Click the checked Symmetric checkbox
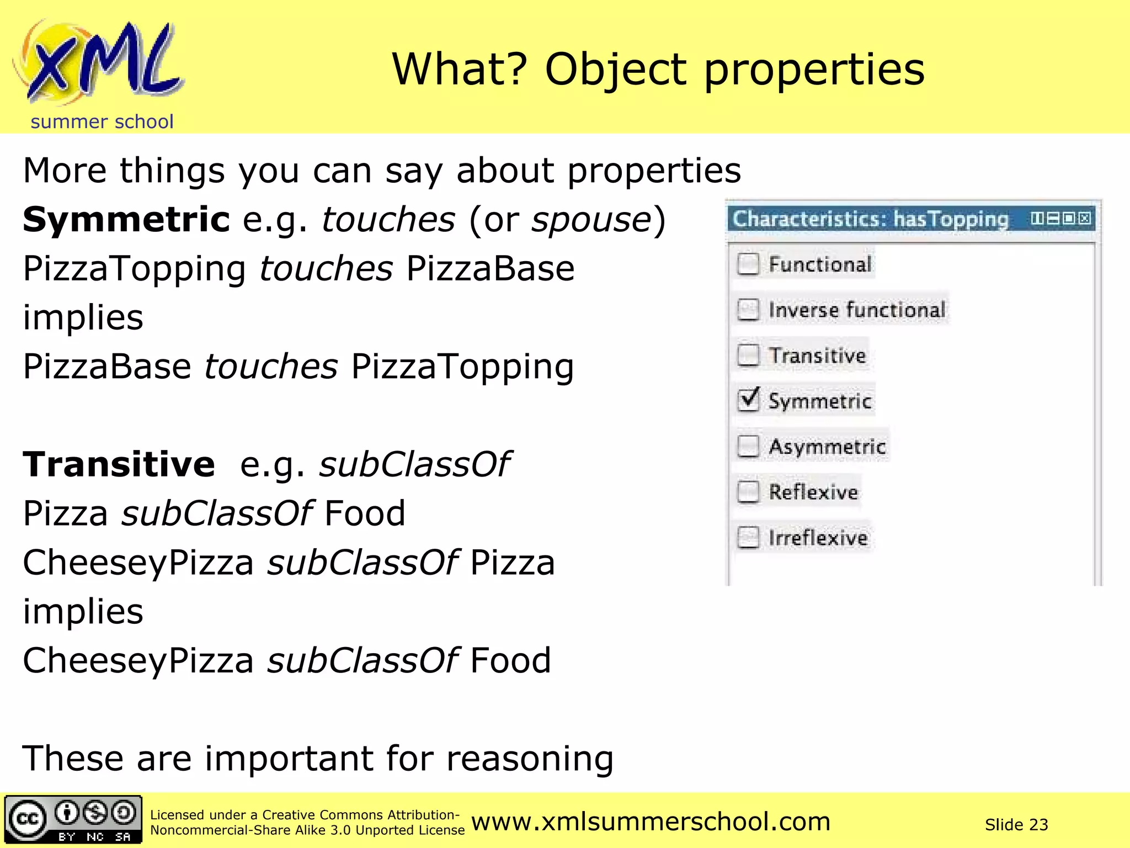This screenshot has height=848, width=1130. tap(748, 400)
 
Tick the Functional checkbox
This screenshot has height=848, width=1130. tap(748, 264)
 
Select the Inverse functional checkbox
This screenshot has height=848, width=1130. tap(748, 310)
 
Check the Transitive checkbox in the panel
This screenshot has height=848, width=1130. tap(748, 355)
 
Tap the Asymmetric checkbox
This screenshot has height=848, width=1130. tap(748, 446)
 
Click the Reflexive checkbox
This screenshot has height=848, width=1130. tap(748, 491)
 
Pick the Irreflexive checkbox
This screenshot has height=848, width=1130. tap(748, 537)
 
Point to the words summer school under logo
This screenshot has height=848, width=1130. tap(102, 121)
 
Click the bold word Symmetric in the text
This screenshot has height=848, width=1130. tap(126, 220)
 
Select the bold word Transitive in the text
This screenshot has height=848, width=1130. tap(119, 464)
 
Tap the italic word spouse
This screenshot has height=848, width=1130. tap(591, 220)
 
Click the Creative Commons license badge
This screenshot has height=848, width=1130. tap(73, 819)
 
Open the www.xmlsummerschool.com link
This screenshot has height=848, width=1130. tap(651, 821)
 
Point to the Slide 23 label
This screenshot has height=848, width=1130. tap(1016, 824)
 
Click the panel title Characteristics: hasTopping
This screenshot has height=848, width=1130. tap(870, 219)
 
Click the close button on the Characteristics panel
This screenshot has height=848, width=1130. tap(1085, 218)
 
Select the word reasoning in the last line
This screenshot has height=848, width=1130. tap(530, 759)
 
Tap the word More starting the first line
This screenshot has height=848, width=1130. tap(64, 171)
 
